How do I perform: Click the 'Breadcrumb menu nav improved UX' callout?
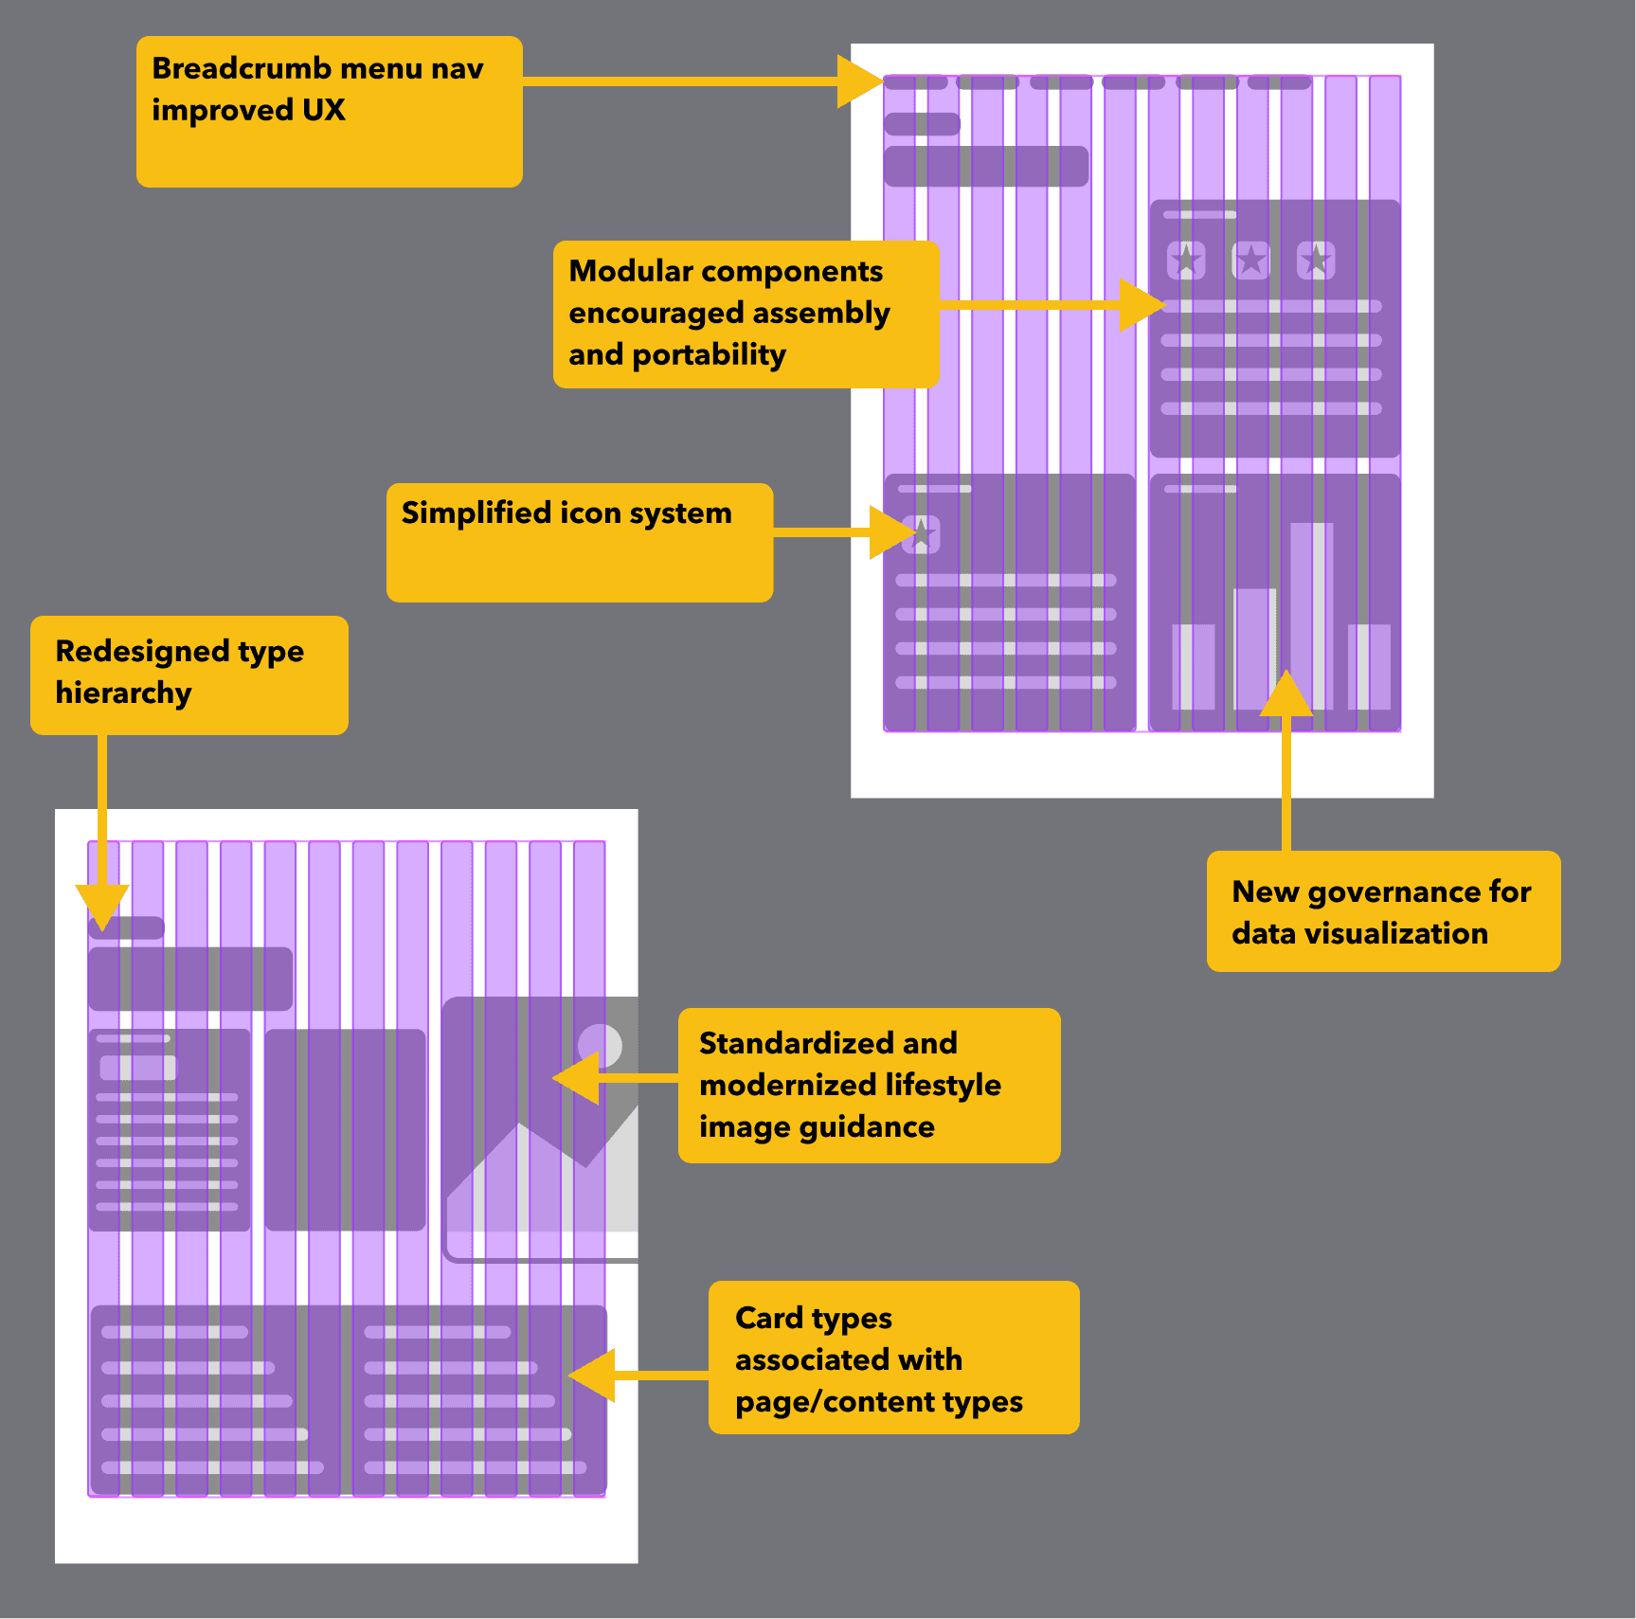coord(329,111)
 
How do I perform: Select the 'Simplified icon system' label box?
coord(579,542)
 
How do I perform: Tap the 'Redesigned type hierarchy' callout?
coord(189,675)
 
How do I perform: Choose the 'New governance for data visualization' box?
coord(1382,910)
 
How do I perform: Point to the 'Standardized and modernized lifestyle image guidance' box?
coord(869,1085)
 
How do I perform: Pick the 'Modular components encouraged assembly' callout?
coord(746,314)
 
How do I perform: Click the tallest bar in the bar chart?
coord(1311,616)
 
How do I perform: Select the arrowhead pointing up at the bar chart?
coord(1285,694)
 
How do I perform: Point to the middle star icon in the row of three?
coord(1250,260)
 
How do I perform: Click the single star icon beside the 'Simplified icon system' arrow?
coord(922,534)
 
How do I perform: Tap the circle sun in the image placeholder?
coord(600,1046)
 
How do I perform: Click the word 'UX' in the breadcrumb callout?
coord(324,110)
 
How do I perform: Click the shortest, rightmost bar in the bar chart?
coord(1369,667)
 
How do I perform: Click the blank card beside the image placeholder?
coord(345,1129)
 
